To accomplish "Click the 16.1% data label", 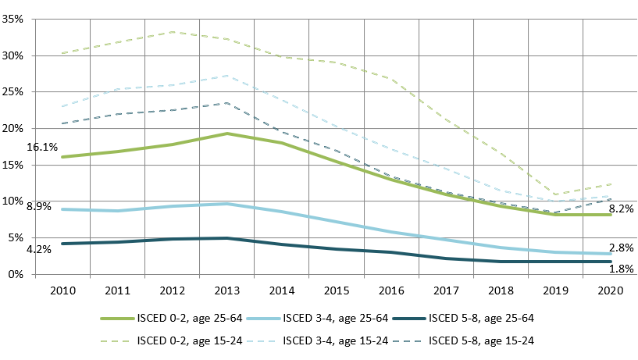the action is point(42,148).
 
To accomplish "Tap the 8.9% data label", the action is point(39,207).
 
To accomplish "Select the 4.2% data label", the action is point(39,249).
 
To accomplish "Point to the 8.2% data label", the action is point(622,209).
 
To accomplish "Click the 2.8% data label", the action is point(622,248).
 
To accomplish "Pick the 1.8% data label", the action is point(622,269).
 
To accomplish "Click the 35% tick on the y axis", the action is point(12,19).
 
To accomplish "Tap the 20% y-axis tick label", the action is point(12,129).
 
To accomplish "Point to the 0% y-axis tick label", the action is point(16,274).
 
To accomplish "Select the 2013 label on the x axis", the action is point(227,290).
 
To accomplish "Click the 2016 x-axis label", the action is point(391,290).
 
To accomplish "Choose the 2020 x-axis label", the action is point(611,290).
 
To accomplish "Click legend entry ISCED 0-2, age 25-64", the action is point(171,319).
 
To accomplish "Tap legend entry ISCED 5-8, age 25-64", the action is point(463,319).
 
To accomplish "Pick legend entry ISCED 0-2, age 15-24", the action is point(171,341).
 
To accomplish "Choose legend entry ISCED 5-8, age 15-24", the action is point(463,341).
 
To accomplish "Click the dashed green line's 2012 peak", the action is point(172,32).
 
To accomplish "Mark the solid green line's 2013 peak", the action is point(227,134).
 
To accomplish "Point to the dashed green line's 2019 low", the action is point(555,194).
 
